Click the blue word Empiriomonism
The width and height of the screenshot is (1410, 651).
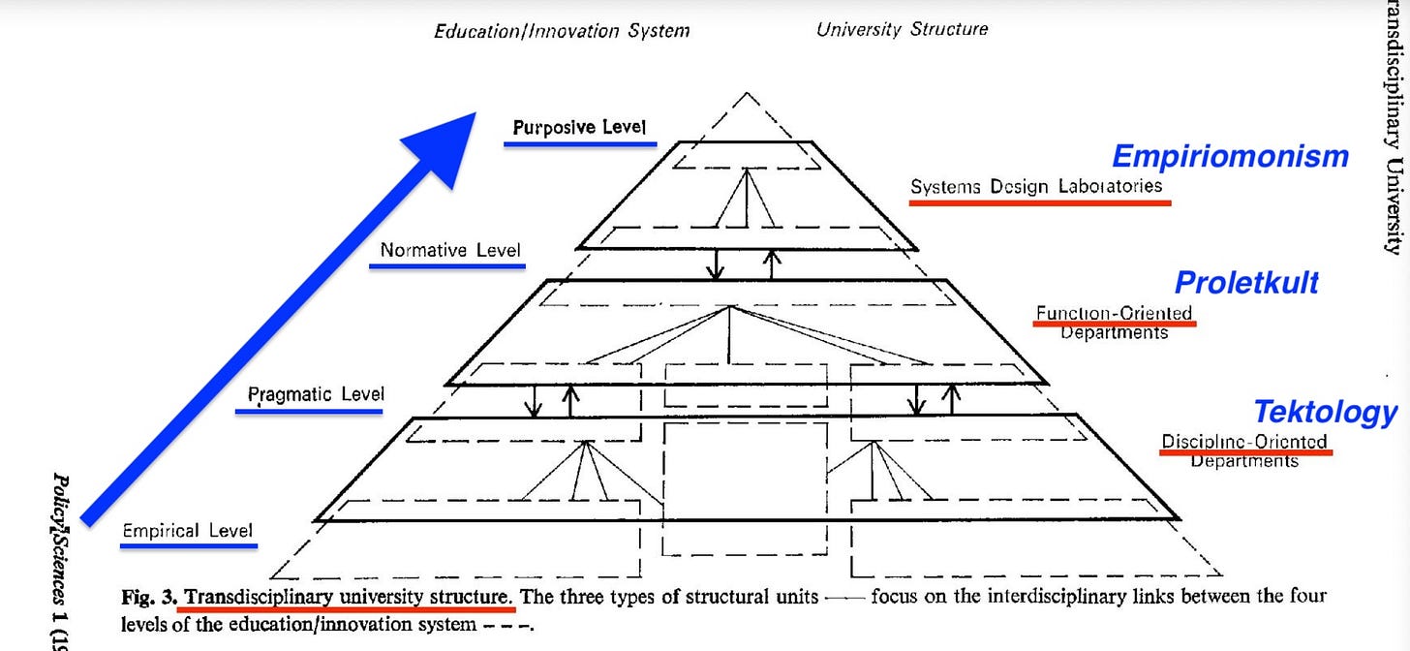[1230, 156]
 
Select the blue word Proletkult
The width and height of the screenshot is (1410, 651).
[1246, 283]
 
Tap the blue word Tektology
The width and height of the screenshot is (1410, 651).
[1325, 412]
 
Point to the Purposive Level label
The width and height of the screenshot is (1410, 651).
[579, 127]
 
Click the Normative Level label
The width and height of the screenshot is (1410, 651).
[450, 250]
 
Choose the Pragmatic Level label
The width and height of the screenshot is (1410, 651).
[316, 394]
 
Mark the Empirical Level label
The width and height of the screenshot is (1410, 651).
[188, 530]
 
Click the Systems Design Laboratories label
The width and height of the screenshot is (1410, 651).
[1036, 186]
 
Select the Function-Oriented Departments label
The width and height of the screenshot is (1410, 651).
[1114, 323]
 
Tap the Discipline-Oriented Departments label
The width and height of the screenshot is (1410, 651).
[1244, 451]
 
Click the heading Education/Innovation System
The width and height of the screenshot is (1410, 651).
[562, 30]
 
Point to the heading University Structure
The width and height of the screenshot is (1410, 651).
[902, 29]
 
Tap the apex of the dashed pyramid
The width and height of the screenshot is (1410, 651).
[746, 94]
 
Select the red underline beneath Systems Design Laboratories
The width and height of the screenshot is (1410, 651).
[1040, 202]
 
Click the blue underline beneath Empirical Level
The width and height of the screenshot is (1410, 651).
[189, 546]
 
